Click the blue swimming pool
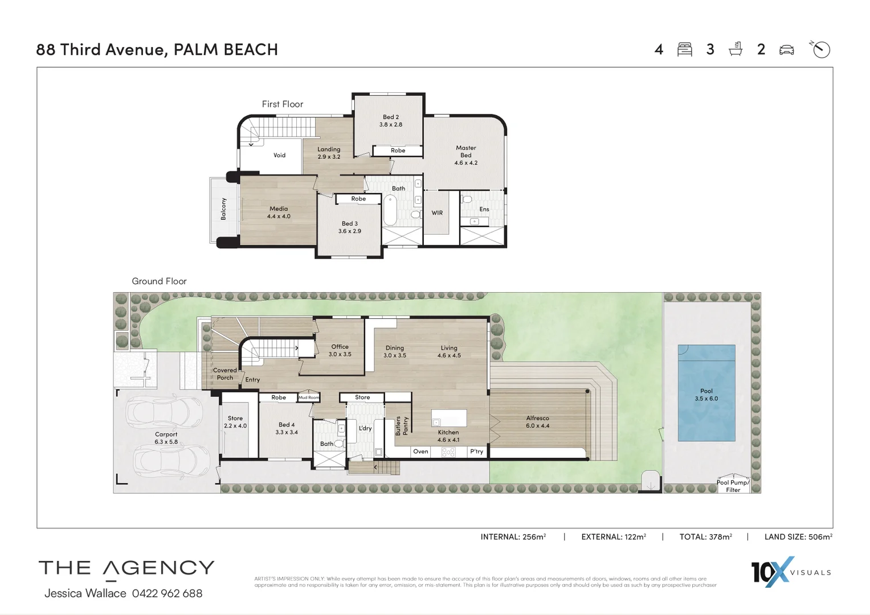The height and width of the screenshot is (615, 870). pos(706,393)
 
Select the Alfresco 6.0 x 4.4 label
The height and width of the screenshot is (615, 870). pos(537,422)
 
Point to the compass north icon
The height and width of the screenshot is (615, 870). pos(820,50)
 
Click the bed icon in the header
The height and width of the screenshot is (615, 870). pos(684,50)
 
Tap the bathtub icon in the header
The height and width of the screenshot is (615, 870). pos(736,49)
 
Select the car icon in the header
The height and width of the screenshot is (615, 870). pos(786,50)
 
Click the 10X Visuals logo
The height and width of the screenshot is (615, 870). pos(790,572)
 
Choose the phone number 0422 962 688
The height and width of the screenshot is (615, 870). pos(167,593)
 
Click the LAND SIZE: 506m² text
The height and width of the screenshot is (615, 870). pos(798,536)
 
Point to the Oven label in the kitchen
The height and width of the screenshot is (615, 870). pos(420,452)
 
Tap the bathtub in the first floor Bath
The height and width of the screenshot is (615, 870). pos(390,210)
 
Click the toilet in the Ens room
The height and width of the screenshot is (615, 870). pos(467,199)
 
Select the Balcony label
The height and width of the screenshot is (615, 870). pos(223,209)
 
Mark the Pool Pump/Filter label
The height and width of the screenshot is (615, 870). pos(733,486)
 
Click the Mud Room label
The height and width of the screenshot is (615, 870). pos(309,397)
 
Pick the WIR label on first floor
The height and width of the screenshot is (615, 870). pos(437,213)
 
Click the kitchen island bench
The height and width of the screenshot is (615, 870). pos(449,418)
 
